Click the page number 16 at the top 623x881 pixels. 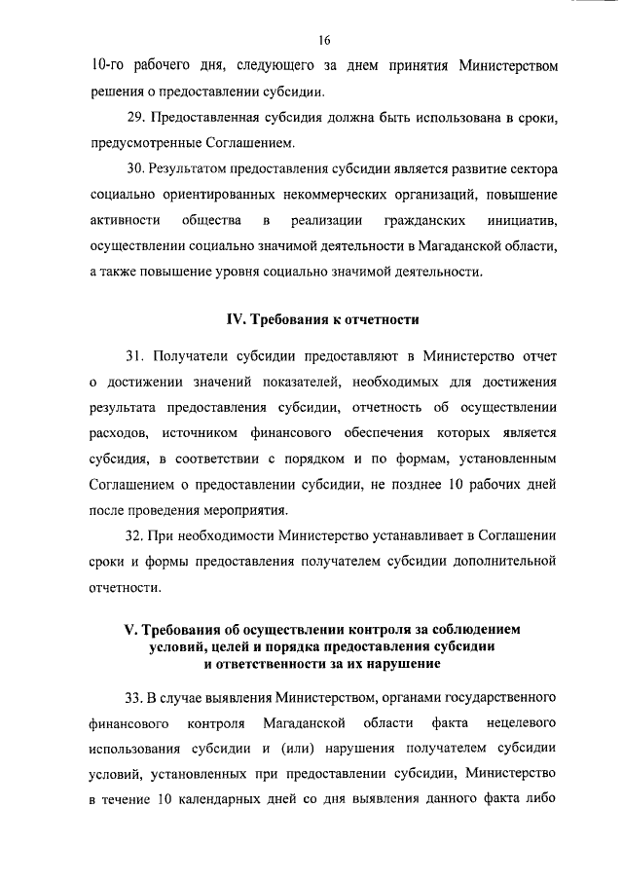pyautogui.click(x=324, y=39)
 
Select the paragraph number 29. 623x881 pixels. pyautogui.click(x=136, y=118)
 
